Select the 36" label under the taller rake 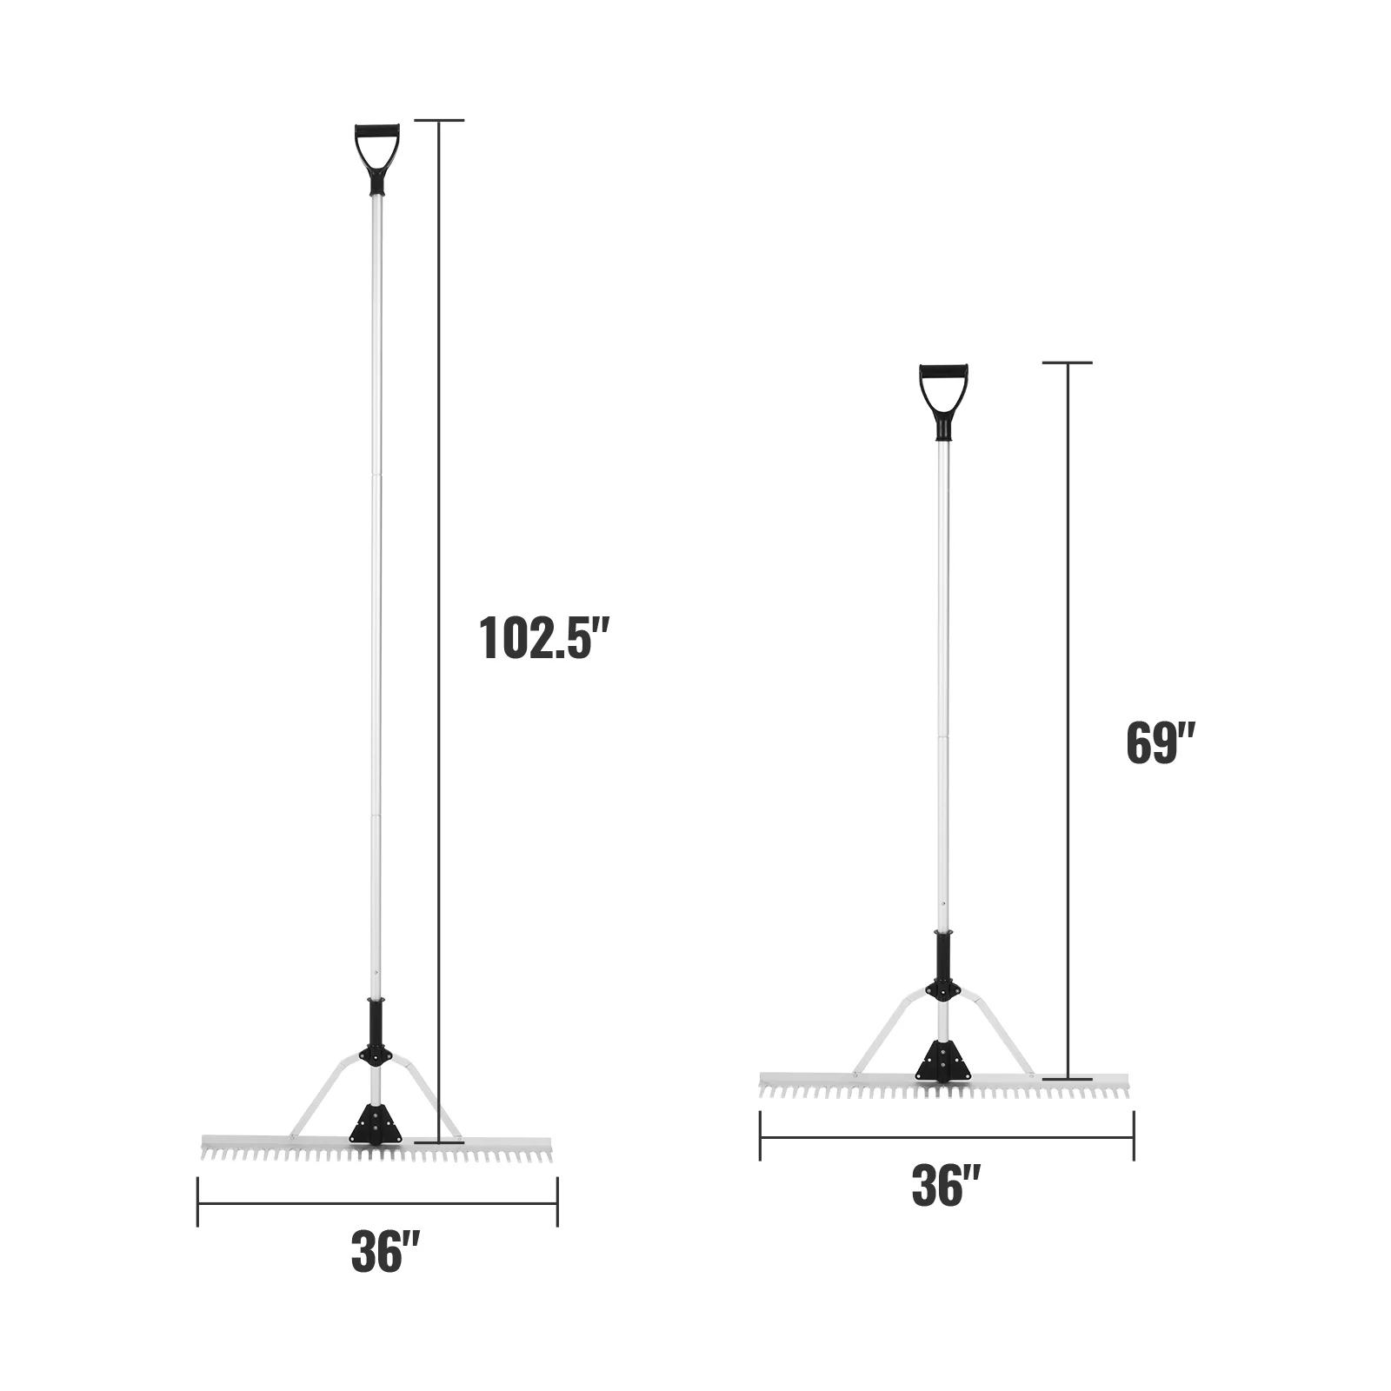[386, 1252]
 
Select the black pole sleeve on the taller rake [376, 1025]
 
